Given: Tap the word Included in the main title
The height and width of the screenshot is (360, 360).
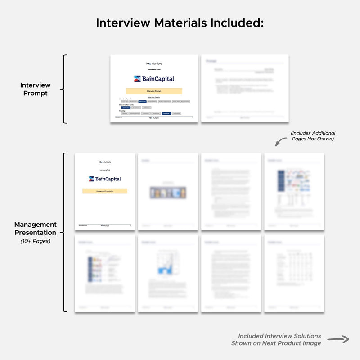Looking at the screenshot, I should coord(234,22).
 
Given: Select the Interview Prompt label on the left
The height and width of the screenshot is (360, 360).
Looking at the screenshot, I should coord(36,89).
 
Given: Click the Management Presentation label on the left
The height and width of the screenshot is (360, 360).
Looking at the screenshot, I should coord(36,228).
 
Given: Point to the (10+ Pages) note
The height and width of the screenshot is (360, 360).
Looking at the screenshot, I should coord(36,241).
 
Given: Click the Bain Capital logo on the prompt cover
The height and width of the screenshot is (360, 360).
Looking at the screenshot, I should coord(154,79).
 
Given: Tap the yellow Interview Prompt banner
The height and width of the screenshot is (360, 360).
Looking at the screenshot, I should coord(154,91).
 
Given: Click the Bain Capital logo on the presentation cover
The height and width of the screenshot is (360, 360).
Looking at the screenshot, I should coord(105,179).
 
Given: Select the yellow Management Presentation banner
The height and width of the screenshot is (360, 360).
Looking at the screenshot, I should coord(105,191).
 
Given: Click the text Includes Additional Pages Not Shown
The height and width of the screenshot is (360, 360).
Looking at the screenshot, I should coord(313,136).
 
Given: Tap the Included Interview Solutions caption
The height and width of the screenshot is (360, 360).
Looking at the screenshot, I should coord(279,336).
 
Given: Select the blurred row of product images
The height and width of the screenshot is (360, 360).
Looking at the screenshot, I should coord(167,193).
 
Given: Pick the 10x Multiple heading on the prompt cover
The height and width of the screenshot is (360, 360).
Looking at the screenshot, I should coord(154,64).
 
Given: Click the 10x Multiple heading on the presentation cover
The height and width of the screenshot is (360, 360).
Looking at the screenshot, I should coord(105,162).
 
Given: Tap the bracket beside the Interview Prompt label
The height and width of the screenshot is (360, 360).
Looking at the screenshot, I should coord(66,89).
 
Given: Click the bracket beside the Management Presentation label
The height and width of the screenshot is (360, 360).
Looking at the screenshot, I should coord(66,232).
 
